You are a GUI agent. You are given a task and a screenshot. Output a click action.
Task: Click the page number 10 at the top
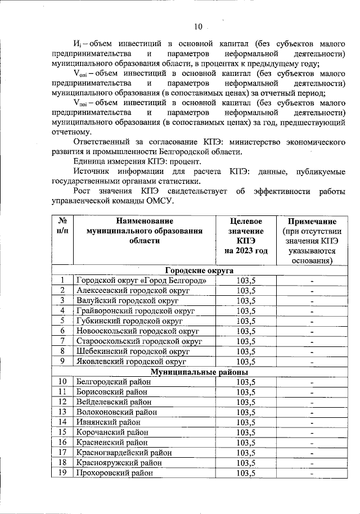click(x=198, y=26)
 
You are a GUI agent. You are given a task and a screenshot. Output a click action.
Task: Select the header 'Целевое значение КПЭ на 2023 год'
click(x=246, y=236)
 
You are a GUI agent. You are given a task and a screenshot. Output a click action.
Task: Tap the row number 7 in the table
click(x=62, y=341)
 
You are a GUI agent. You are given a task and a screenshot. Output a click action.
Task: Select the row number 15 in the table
click(x=62, y=432)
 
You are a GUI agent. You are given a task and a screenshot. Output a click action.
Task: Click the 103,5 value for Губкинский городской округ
click(x=246, y=321)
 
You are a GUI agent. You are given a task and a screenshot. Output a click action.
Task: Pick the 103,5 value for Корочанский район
click(x=246, y=432)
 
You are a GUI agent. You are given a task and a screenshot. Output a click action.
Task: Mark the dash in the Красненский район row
click(x=311, y=443)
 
